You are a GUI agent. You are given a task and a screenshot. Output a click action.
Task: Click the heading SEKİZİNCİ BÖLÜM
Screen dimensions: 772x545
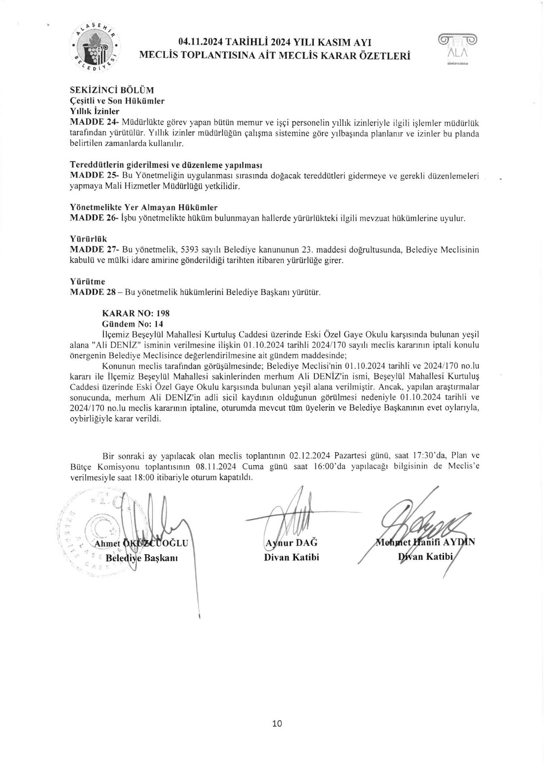pyautogui.click(x=112, y=90)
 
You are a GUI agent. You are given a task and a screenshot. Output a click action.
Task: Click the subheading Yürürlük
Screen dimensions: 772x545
pyautogui.click(x=89, y=240)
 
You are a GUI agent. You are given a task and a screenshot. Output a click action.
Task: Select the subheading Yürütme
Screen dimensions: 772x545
pyautogui.click(x=88, y=282)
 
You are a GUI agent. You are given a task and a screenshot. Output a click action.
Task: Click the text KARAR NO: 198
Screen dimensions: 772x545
pyautogui.click(x=136, y=313)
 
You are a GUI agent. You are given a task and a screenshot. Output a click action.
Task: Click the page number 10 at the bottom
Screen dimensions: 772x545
pyautogui.click(x=277, y=724)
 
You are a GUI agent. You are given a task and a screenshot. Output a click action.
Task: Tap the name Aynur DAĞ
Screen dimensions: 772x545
pyautogui.click(x=292, y=543)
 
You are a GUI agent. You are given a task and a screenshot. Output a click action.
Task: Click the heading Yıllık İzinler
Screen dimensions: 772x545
pyautogui.click(x=95, y=111)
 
